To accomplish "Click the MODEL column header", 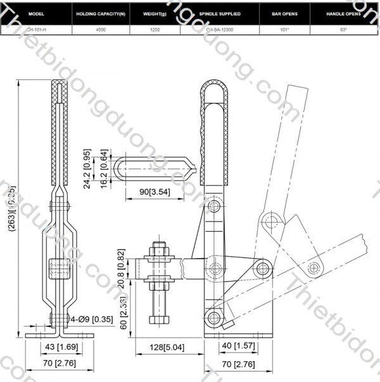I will point(36,13).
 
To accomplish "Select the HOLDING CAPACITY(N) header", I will point(101,13).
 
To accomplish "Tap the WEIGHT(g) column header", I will point(155,13).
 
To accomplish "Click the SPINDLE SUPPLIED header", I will point(218,13).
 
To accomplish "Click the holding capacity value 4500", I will point(101,29).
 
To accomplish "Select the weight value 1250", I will point(155,29).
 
